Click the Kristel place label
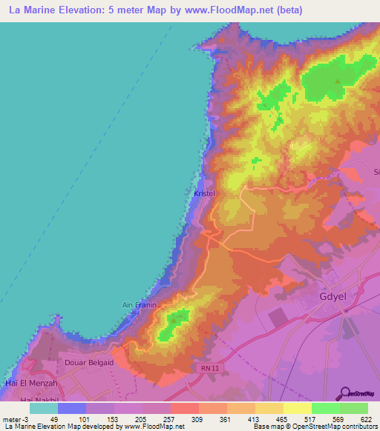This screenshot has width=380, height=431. click(x=204, y=193)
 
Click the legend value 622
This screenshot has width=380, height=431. click(x=366, y=418)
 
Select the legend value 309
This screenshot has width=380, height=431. click(x=197, y=418)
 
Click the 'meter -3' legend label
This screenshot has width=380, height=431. click(x=15, y=418)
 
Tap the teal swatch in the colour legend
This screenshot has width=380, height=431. click(x=43, y=408)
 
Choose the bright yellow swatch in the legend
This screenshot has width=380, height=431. click(x=297, y=408)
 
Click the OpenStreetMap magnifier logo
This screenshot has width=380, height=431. click(x=346, y=392)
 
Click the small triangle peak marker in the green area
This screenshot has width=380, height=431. click(x=338, y=82)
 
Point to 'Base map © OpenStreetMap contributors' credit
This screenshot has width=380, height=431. click(x=314, y=427)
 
